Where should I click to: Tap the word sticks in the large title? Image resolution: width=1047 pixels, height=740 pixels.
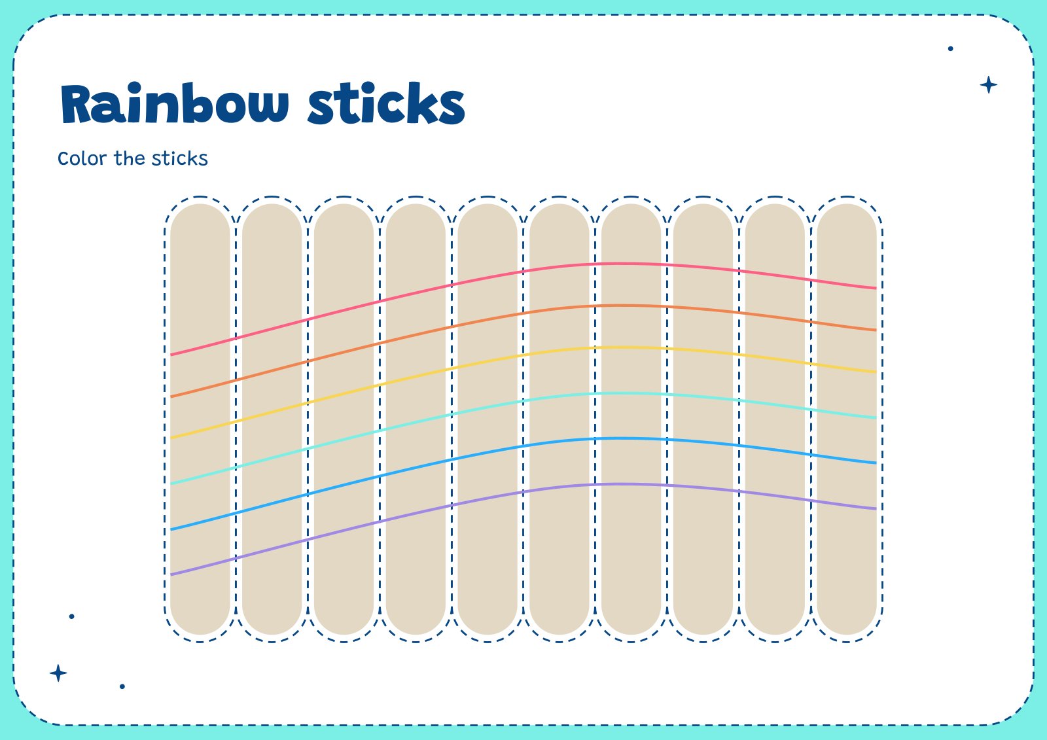[386, 105]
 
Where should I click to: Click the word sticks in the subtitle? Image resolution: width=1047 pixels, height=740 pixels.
[179, 159]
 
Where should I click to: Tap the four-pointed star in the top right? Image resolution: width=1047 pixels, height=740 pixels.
[988, 85]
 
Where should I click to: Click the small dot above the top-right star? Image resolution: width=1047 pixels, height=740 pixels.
[950, 48]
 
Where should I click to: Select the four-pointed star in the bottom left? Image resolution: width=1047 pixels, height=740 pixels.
[58, 673]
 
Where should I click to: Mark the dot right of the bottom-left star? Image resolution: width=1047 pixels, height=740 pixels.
[122, 686]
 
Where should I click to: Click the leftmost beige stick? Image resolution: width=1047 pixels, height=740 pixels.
[200, 262]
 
